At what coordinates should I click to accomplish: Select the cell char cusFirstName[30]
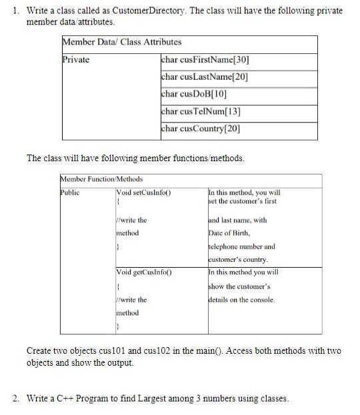(x=205, y=59)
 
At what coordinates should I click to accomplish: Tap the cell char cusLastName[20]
(x=204, y=76)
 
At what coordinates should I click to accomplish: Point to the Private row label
(x=75, y=59)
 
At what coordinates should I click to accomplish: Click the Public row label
(x=69, y=193)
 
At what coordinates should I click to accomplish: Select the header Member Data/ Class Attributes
(x=121, y=42)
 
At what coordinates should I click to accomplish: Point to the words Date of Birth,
(x=231, y=232)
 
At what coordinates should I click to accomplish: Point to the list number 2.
(x=15, y=399)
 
